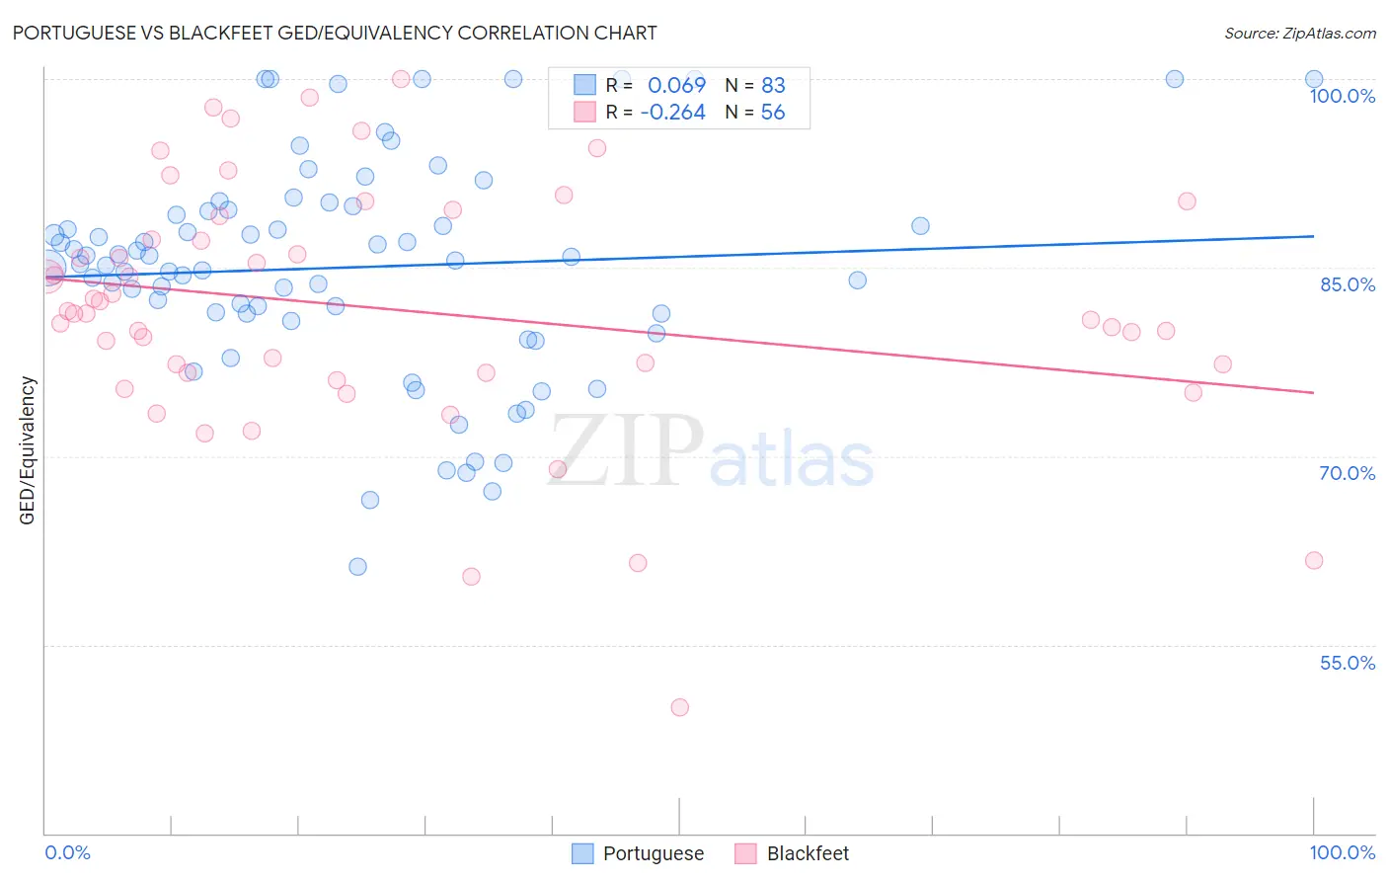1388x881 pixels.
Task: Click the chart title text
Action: [x=335, y=33]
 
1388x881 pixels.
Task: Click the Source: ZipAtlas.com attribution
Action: [x=1299, y=34]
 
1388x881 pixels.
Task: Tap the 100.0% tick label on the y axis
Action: [x=1342, y=96]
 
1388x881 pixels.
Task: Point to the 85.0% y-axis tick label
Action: [x=1347, y=284]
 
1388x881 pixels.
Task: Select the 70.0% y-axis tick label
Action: [x=1347, y=473]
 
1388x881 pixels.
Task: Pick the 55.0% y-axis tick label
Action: [x=1347, y=663]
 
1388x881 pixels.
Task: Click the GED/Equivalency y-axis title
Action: [x=28, y=450]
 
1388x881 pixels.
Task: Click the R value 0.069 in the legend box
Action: [x=676, y=86]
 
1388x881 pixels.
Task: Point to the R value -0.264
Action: [x=672, y=113]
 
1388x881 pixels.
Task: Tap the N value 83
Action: [x=773, y=86]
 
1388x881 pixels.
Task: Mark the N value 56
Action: [x=773, y=113]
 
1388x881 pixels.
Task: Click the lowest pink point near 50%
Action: [x=679, y=707]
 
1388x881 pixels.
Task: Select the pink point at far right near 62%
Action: [x=1313, y=561]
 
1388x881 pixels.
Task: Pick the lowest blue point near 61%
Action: [x=357, y=567]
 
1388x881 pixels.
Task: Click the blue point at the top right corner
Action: [x=1314, y=79]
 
